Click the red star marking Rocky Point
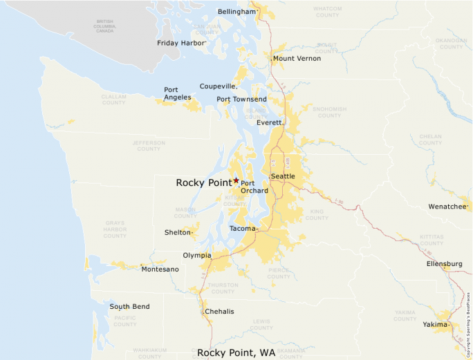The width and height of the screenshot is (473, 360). [236, 180]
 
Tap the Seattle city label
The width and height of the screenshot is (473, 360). [283, 176]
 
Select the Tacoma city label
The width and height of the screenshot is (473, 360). [242, 228]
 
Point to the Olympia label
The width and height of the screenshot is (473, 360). [197, 255]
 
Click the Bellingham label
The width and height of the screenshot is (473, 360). [236, 12]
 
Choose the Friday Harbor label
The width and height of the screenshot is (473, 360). [181, 43]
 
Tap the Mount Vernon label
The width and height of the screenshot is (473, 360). [297, 59]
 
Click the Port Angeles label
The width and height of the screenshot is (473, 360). [171, 94]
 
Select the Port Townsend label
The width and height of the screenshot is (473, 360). [241, 100]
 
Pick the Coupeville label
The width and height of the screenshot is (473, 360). [218, 86]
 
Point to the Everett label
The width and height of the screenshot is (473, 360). [269, 122]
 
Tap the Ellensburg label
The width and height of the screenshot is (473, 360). [444, 264]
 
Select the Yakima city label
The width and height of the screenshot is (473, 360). [436, 324]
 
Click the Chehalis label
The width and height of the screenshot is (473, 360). [219, 312]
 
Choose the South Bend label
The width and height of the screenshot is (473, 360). [129, 307]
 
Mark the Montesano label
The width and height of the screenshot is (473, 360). [160, 269]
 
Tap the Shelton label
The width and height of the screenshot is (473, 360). [177, 233]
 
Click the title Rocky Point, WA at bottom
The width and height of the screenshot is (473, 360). [236, 352]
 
